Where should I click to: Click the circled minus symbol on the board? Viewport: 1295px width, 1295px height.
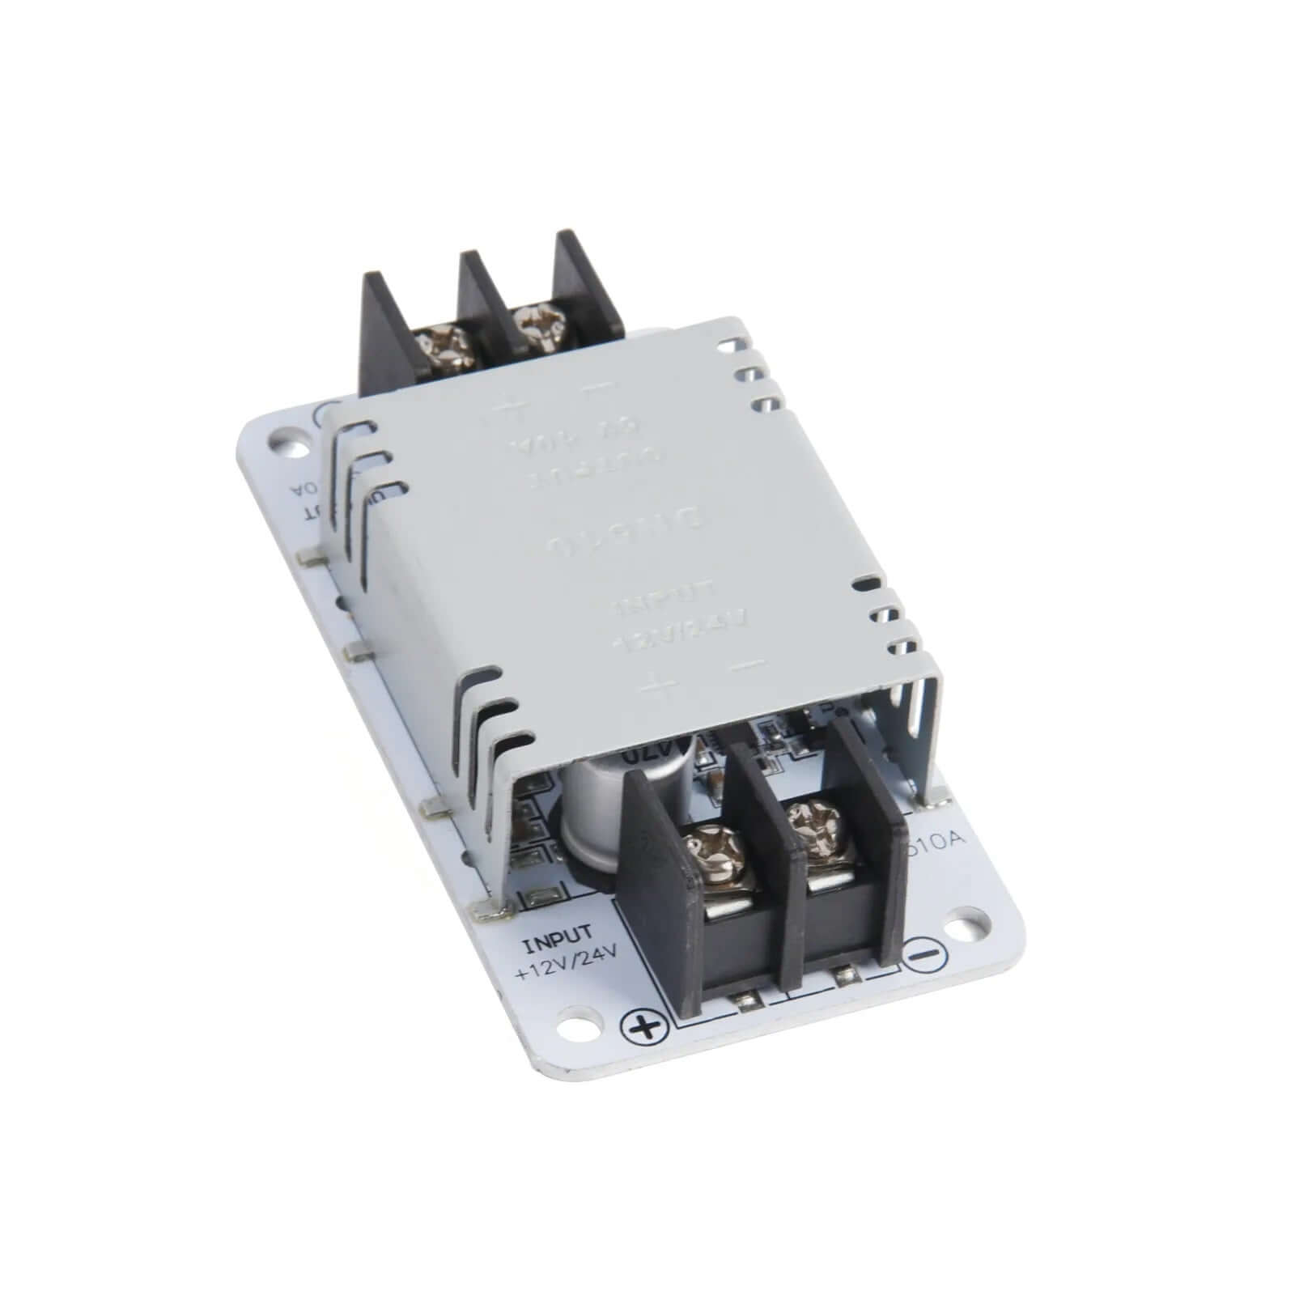pyautogui.click(x=924, y=954)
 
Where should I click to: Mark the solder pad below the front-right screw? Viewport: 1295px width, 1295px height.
pyautogui.click(x=846, y=975)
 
